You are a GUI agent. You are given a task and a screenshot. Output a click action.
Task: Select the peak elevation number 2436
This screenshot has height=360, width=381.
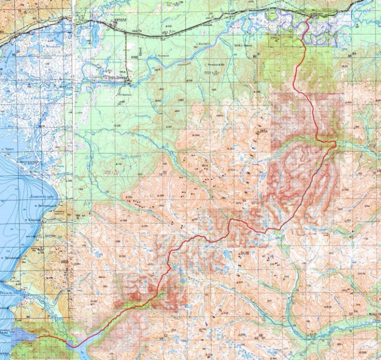click(x=245, y=252)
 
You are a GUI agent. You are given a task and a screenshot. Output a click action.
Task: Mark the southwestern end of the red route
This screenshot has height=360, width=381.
click(x=38, y=336)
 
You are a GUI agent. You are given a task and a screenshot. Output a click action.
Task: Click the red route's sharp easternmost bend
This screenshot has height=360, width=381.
click(x=334, y=144)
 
